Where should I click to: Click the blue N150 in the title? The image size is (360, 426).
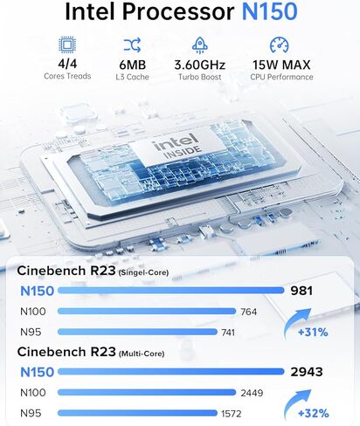(269, 11)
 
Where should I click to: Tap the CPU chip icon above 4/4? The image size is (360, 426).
(67, 45)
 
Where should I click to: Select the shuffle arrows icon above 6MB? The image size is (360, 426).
(132, 45)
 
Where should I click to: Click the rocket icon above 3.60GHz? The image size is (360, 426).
(200, 45)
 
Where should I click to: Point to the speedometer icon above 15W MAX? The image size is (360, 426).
(279, 45)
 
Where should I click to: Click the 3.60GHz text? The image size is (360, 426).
(200, 65)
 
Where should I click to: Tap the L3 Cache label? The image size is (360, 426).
(132, 77)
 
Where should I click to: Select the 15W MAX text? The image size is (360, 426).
(281, 65)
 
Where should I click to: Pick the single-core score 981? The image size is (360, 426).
(301, 291)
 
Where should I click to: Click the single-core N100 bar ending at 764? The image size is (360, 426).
(147, 312)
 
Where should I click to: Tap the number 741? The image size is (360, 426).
(228, 333)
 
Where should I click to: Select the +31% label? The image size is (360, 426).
(313, 332)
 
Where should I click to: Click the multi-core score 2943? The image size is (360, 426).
(307, 372)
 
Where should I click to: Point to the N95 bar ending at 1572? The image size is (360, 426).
(137, 413)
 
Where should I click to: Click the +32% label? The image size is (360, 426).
(314, 413)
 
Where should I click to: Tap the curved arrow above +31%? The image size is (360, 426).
(294, 320)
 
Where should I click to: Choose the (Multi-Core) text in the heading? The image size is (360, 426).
(142, 354)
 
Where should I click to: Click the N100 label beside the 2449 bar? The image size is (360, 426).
(33, 393)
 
